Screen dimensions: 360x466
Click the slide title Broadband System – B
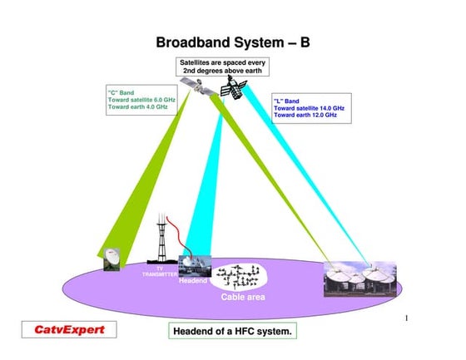tap(232, 42)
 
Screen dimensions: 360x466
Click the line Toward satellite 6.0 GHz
tap(141, 99)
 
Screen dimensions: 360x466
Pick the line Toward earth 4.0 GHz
tap(137, 107)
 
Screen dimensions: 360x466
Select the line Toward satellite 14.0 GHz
tap(309, 108)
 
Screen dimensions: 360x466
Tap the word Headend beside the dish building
tap(192, 280)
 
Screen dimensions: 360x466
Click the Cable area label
tap(242, 297)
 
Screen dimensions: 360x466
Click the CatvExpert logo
tap(69, 330)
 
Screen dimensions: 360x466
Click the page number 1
tap(405, 318)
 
